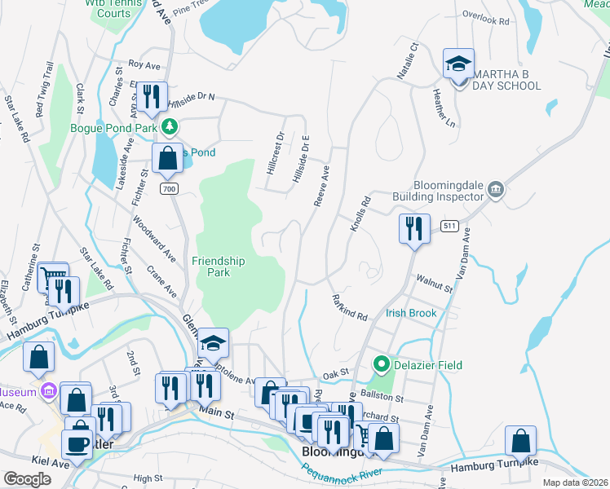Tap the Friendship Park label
pos(218,267)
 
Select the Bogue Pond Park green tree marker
pos(170,126)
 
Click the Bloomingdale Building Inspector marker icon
pos(496,191)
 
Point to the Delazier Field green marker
pos(380,363)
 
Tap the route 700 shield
pos(169,189)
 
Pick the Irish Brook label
pos(412,313)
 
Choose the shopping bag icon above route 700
pos(167,158)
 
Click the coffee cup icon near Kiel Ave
pos(79,444)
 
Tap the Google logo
pos(27,479)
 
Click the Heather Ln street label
pos(444,108)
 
